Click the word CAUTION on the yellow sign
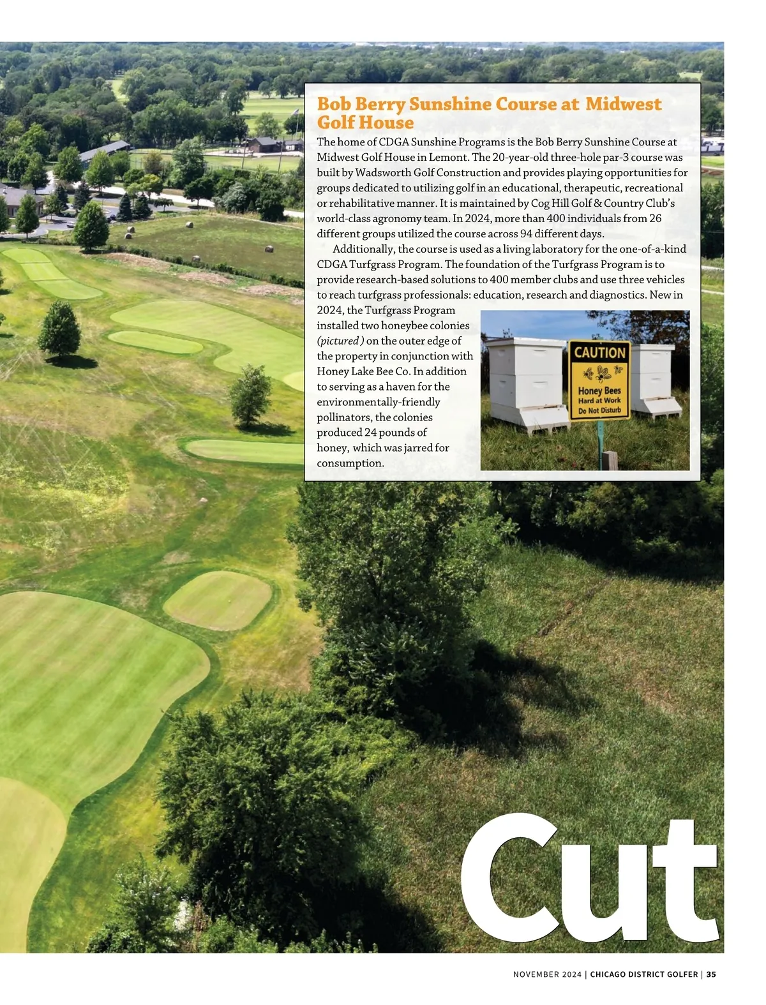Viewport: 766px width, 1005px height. click(x=599, y=352)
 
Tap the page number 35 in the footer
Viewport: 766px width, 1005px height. click(x=711, y=974)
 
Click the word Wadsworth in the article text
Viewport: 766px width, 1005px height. click(x=383, y=172)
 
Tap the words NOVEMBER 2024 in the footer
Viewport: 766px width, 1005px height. click(x=547, y=974)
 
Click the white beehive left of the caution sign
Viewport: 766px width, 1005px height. click(x=524, y=383)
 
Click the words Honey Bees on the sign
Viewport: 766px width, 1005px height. click(x=599, y=391)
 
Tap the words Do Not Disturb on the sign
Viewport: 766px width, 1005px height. click(x=599, y=410)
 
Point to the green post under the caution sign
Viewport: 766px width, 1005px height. click(x=600, y=440)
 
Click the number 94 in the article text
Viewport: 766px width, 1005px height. click(x=527, y=234)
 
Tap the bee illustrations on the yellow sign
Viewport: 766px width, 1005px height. click(x=600, y=372)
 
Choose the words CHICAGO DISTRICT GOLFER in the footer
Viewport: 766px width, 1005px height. click(x=643, y=974)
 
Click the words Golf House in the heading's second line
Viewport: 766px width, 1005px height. click(x=365, y=123)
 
